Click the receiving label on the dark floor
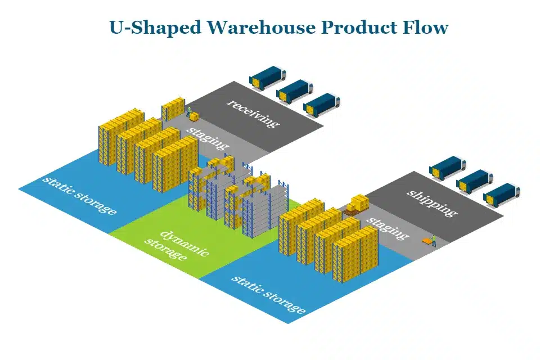coord(253,113)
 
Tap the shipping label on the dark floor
coord(431,202)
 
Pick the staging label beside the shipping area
coord(388,226)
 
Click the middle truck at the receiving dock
coord(295,91)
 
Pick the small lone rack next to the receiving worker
coord(173,108)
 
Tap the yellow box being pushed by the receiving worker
coord(195,116)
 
